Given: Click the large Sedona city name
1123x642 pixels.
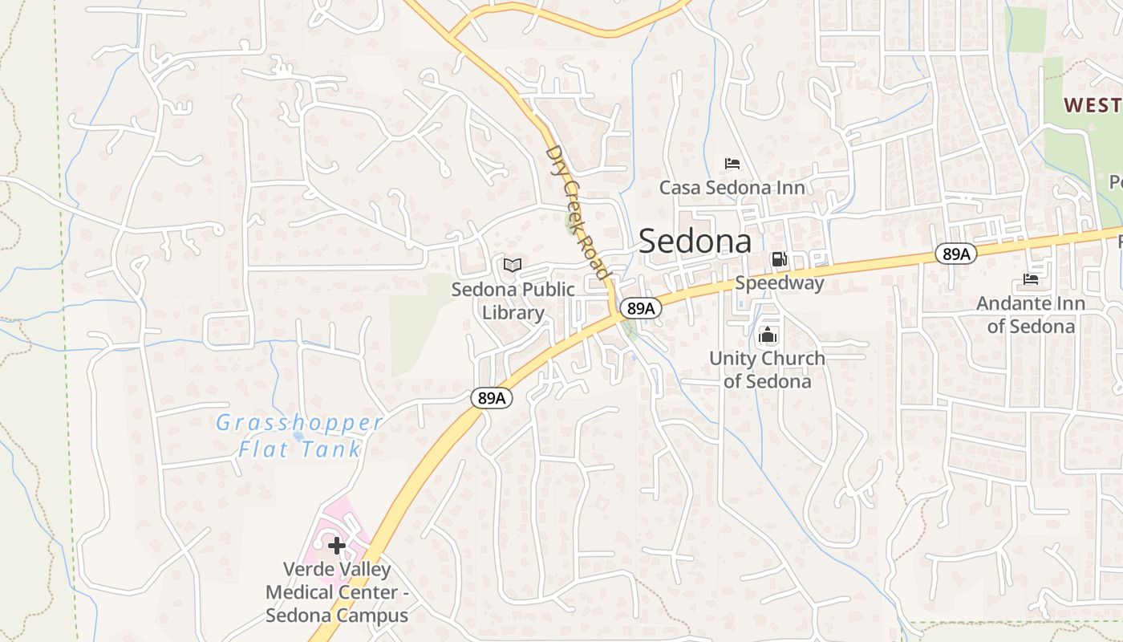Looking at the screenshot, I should [695, 242].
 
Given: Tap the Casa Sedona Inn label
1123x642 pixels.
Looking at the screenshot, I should [732, 188].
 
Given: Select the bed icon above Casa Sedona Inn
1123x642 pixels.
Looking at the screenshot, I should [732, 164].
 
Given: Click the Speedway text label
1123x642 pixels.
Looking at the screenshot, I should [779, 283].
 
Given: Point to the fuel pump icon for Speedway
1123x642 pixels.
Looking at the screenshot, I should [778, 259].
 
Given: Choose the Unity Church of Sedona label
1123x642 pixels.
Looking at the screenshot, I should [767, 369].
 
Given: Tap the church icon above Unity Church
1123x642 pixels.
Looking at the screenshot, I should [768, 335].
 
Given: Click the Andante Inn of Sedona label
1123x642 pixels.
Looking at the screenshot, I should [1031, 315].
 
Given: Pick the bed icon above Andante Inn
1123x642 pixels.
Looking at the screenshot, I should [1031, 279].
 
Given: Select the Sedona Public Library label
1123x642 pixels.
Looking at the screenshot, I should [513, 301].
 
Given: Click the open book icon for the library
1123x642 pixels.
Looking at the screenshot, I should [513, 265].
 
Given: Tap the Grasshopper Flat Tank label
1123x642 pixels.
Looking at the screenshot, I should [299, 436].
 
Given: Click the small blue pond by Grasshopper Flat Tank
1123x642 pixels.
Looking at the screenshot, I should [298, 436].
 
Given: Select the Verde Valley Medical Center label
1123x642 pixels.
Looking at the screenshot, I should [337, 592].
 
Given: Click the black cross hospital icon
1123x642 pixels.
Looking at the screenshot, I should [337, 546].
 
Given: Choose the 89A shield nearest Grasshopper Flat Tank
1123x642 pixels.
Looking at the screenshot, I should [492, 398].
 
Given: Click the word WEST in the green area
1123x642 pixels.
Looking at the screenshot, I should [1092, 105].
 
